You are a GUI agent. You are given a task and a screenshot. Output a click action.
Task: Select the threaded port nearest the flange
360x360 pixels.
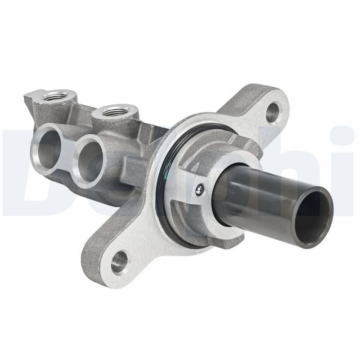coord(116,110)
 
